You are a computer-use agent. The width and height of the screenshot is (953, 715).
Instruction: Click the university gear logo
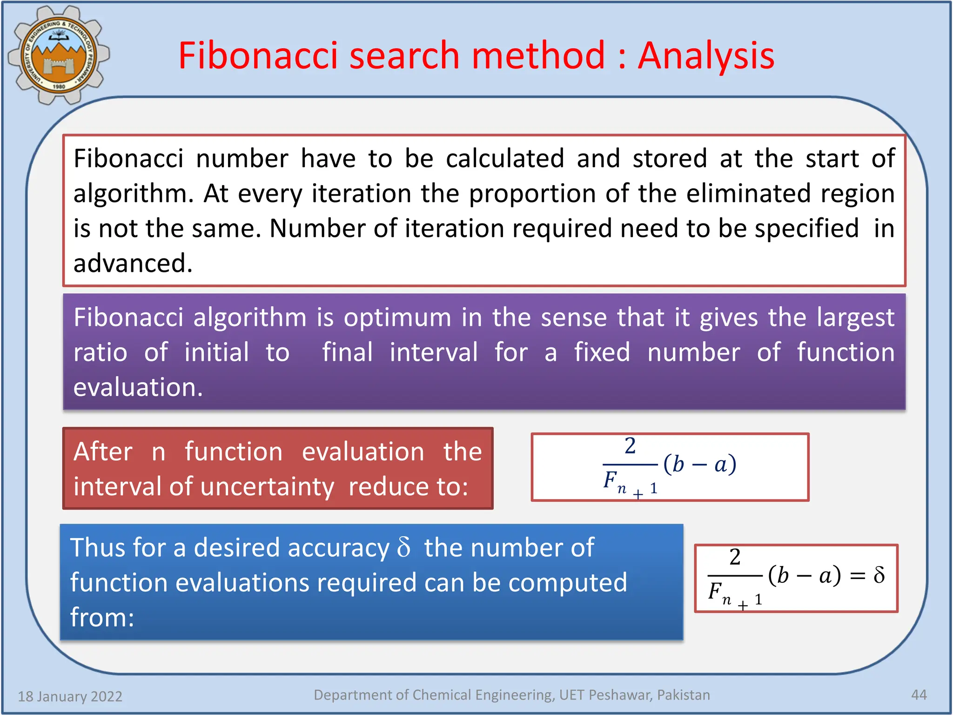click(x=59, y=55)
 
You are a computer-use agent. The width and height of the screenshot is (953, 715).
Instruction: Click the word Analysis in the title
click(x=706, y=56)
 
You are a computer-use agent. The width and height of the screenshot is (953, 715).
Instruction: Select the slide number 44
click(x=919, y=695)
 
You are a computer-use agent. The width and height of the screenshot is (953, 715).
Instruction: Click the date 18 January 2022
click(x=70, y=696)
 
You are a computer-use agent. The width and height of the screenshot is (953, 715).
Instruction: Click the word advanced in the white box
click(x=133, y=263)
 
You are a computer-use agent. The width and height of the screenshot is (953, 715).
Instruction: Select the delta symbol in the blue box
click(x=404, y=547)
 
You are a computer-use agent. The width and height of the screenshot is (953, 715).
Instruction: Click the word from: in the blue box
click(x=102, y=618)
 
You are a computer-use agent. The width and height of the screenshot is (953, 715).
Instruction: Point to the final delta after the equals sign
click(x=879, y=575)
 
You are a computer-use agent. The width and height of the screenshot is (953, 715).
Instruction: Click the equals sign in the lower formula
click(x=857, y=576)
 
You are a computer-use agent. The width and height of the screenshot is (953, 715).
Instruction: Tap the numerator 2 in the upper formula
click(x=630, y=446)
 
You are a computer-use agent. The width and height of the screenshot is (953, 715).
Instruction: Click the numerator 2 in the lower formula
click(x=735, y=557)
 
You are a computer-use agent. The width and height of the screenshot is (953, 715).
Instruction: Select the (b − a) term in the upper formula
click(x=700, y=465)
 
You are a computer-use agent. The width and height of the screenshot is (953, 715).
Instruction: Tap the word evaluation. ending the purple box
click(x=138, y=387)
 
